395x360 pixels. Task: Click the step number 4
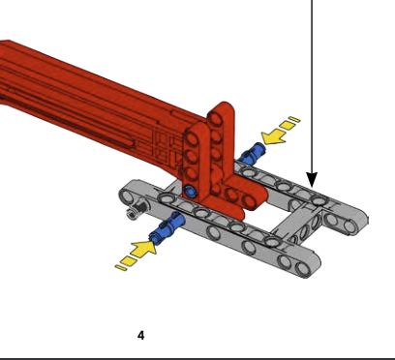click(141, 336)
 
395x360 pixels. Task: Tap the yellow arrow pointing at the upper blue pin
click(274, 136)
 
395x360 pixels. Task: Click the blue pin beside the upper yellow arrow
click(252, 153)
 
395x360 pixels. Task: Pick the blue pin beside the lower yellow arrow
click(167, 226)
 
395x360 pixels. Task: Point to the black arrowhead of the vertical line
click(312, 179)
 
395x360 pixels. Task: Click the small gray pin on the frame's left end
click(136, 210)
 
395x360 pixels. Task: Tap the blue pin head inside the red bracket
click(191, 192)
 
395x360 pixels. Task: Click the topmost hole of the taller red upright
click(216, 119)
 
